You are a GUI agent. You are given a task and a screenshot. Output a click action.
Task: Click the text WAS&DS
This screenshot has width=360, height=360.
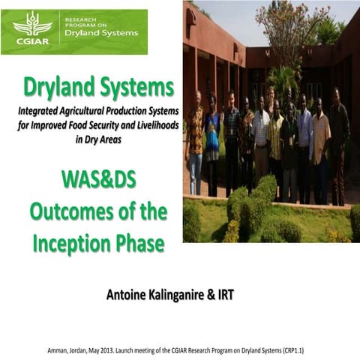[x=97, y=179]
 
